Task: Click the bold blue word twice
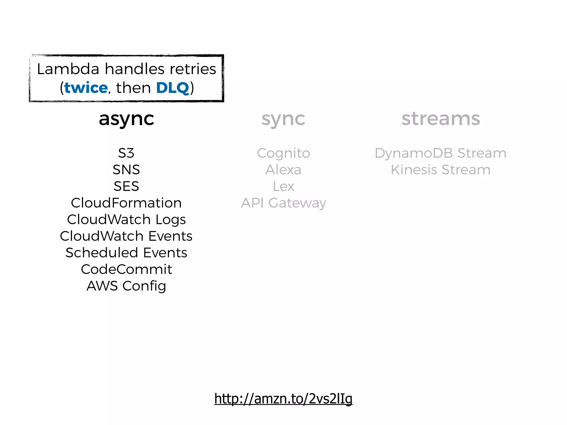point(86,88)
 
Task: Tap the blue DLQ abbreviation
point(172,88)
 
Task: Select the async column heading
point(126,119)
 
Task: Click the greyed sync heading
point(283,119)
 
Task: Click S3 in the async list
point(126,153)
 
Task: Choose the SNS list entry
point(126,170)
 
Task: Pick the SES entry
point(126,186)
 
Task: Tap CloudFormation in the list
point(126,203)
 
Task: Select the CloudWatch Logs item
point(126,219)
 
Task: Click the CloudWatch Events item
point(126,236)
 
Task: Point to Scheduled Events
point(126,253)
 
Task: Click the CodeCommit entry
point(126,269)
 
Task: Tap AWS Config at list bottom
point(126,286)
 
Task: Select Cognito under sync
point(283,153)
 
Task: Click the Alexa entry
point(283,170)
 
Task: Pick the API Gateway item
point(283,203)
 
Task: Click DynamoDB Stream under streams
point(440,153)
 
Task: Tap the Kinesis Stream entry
point(440,170)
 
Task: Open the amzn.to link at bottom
point(283,399)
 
